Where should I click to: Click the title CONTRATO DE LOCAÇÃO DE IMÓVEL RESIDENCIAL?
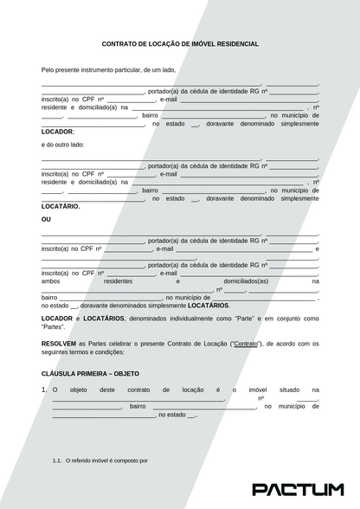(180, 43)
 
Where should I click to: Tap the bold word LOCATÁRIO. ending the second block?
(61, 206)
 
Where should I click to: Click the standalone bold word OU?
(47, 220)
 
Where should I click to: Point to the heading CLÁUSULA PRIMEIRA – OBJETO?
(84, 373)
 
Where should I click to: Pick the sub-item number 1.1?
(57, 461)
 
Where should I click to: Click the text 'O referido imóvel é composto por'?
(107, 461)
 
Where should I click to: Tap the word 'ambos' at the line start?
(51, 281)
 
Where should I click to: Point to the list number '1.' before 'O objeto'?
(44, 390)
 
